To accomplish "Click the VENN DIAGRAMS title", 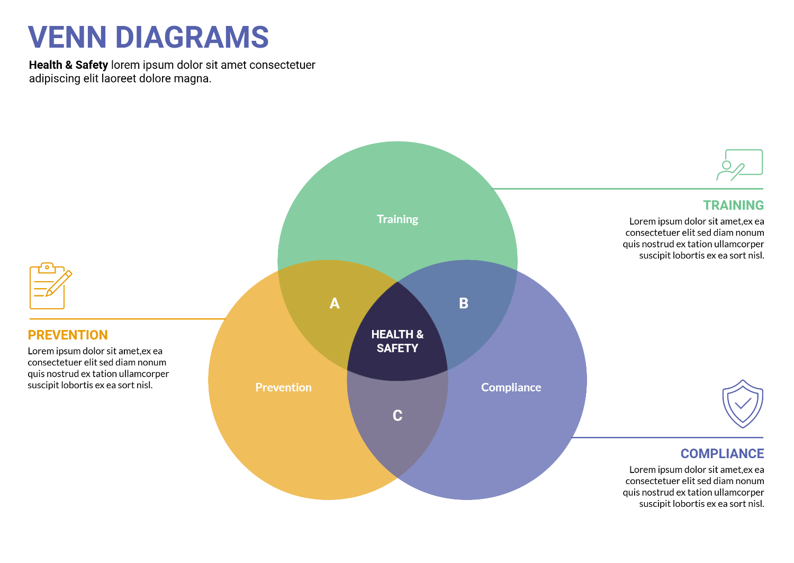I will tap(148, 37).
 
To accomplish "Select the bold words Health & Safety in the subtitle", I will tap(68, 65).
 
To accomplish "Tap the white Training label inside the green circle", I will tap(398, 219).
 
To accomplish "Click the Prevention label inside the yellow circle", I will tap(283, 387).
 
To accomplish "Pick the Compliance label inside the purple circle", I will tap(511, 387).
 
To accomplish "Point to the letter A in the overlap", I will tap(335, 303).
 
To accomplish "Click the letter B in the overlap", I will tap(464, 303).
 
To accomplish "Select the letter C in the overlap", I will tap(398, 416).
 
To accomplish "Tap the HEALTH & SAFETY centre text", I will tap(398, 341).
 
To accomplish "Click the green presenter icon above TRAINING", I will tap(739, 165).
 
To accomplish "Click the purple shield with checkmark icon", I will tap(743, 404).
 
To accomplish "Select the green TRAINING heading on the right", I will tap(733, 205).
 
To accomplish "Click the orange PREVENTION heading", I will tap(68, 335).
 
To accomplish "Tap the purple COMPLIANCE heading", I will tap(722, 454).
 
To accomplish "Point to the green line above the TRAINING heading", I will tap(627, 189).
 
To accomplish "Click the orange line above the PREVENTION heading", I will tap(127, 319).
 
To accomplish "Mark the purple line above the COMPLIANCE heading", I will tap(667, 437).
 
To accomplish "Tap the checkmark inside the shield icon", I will tap(743, 404).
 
